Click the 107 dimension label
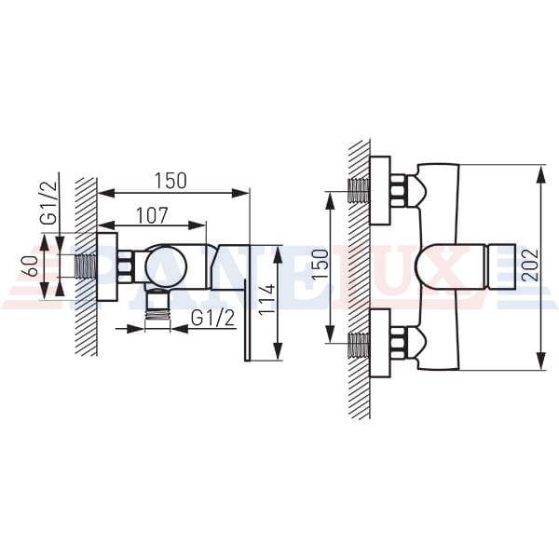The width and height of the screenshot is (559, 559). pos(152,215)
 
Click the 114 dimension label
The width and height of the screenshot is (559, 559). pos(267,299)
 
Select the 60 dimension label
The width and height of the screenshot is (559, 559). pos(33,266)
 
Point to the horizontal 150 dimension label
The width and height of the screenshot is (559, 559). pos(170,181)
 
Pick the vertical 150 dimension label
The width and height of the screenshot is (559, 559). pos(321,265)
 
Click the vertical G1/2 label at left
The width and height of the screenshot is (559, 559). pos(48,202)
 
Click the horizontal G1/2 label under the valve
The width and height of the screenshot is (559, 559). pos(213,318)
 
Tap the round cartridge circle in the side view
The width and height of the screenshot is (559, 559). pos(166,266)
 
